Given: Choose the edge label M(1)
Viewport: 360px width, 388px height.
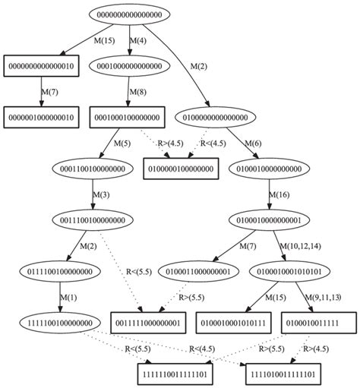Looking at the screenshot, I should (68, 297).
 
